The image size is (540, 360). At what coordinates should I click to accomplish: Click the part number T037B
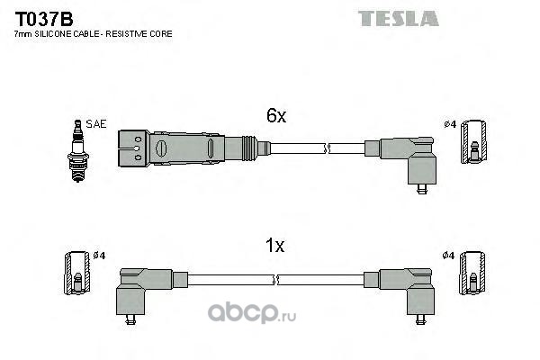44,19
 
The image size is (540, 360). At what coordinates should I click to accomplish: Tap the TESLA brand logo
399,19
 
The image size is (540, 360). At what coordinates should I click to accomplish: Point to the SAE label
96,124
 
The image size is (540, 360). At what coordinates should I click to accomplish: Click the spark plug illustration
78,150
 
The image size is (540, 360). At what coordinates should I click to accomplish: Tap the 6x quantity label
276,116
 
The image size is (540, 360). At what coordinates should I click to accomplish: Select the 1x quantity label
274,246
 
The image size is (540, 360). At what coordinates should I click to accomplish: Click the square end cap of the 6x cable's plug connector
133,148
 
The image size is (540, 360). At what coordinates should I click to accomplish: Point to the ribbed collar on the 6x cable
249,148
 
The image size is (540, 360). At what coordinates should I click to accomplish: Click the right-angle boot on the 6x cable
408,160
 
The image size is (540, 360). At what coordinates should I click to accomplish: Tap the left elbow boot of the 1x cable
144,291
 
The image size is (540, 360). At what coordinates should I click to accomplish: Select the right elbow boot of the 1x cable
406,291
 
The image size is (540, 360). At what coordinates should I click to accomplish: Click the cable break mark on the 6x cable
327,148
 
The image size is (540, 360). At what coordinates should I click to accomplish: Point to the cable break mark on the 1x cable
275,280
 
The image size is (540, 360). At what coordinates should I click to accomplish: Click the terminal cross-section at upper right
474,142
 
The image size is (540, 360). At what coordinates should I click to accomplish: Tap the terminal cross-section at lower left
77,274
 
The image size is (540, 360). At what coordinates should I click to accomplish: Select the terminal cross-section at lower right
472,274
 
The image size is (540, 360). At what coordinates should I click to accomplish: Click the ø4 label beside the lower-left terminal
99,256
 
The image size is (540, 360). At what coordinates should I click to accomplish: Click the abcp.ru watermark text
252,313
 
